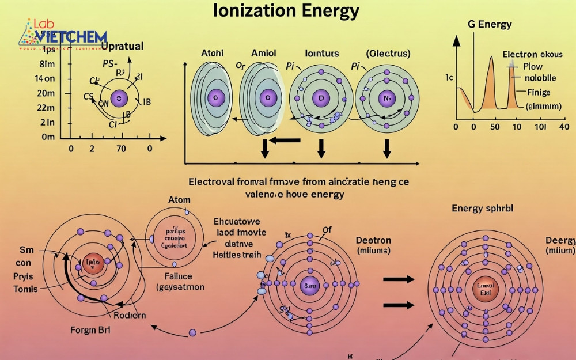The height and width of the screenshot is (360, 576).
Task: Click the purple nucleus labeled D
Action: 321,98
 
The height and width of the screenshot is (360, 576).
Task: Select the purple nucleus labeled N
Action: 386,98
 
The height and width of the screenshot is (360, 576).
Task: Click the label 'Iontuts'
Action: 322,54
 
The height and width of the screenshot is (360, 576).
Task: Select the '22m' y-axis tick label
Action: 46,108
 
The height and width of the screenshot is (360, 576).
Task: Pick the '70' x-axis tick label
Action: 121,149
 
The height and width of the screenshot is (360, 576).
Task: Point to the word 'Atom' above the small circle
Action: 179,200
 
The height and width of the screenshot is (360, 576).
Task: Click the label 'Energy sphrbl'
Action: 483,209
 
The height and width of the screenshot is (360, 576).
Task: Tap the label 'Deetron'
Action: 373,240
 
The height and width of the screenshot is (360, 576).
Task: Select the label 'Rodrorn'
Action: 130,314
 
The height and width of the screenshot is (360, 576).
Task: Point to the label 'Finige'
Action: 539,92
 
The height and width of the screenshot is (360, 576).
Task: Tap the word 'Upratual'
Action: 122,46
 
